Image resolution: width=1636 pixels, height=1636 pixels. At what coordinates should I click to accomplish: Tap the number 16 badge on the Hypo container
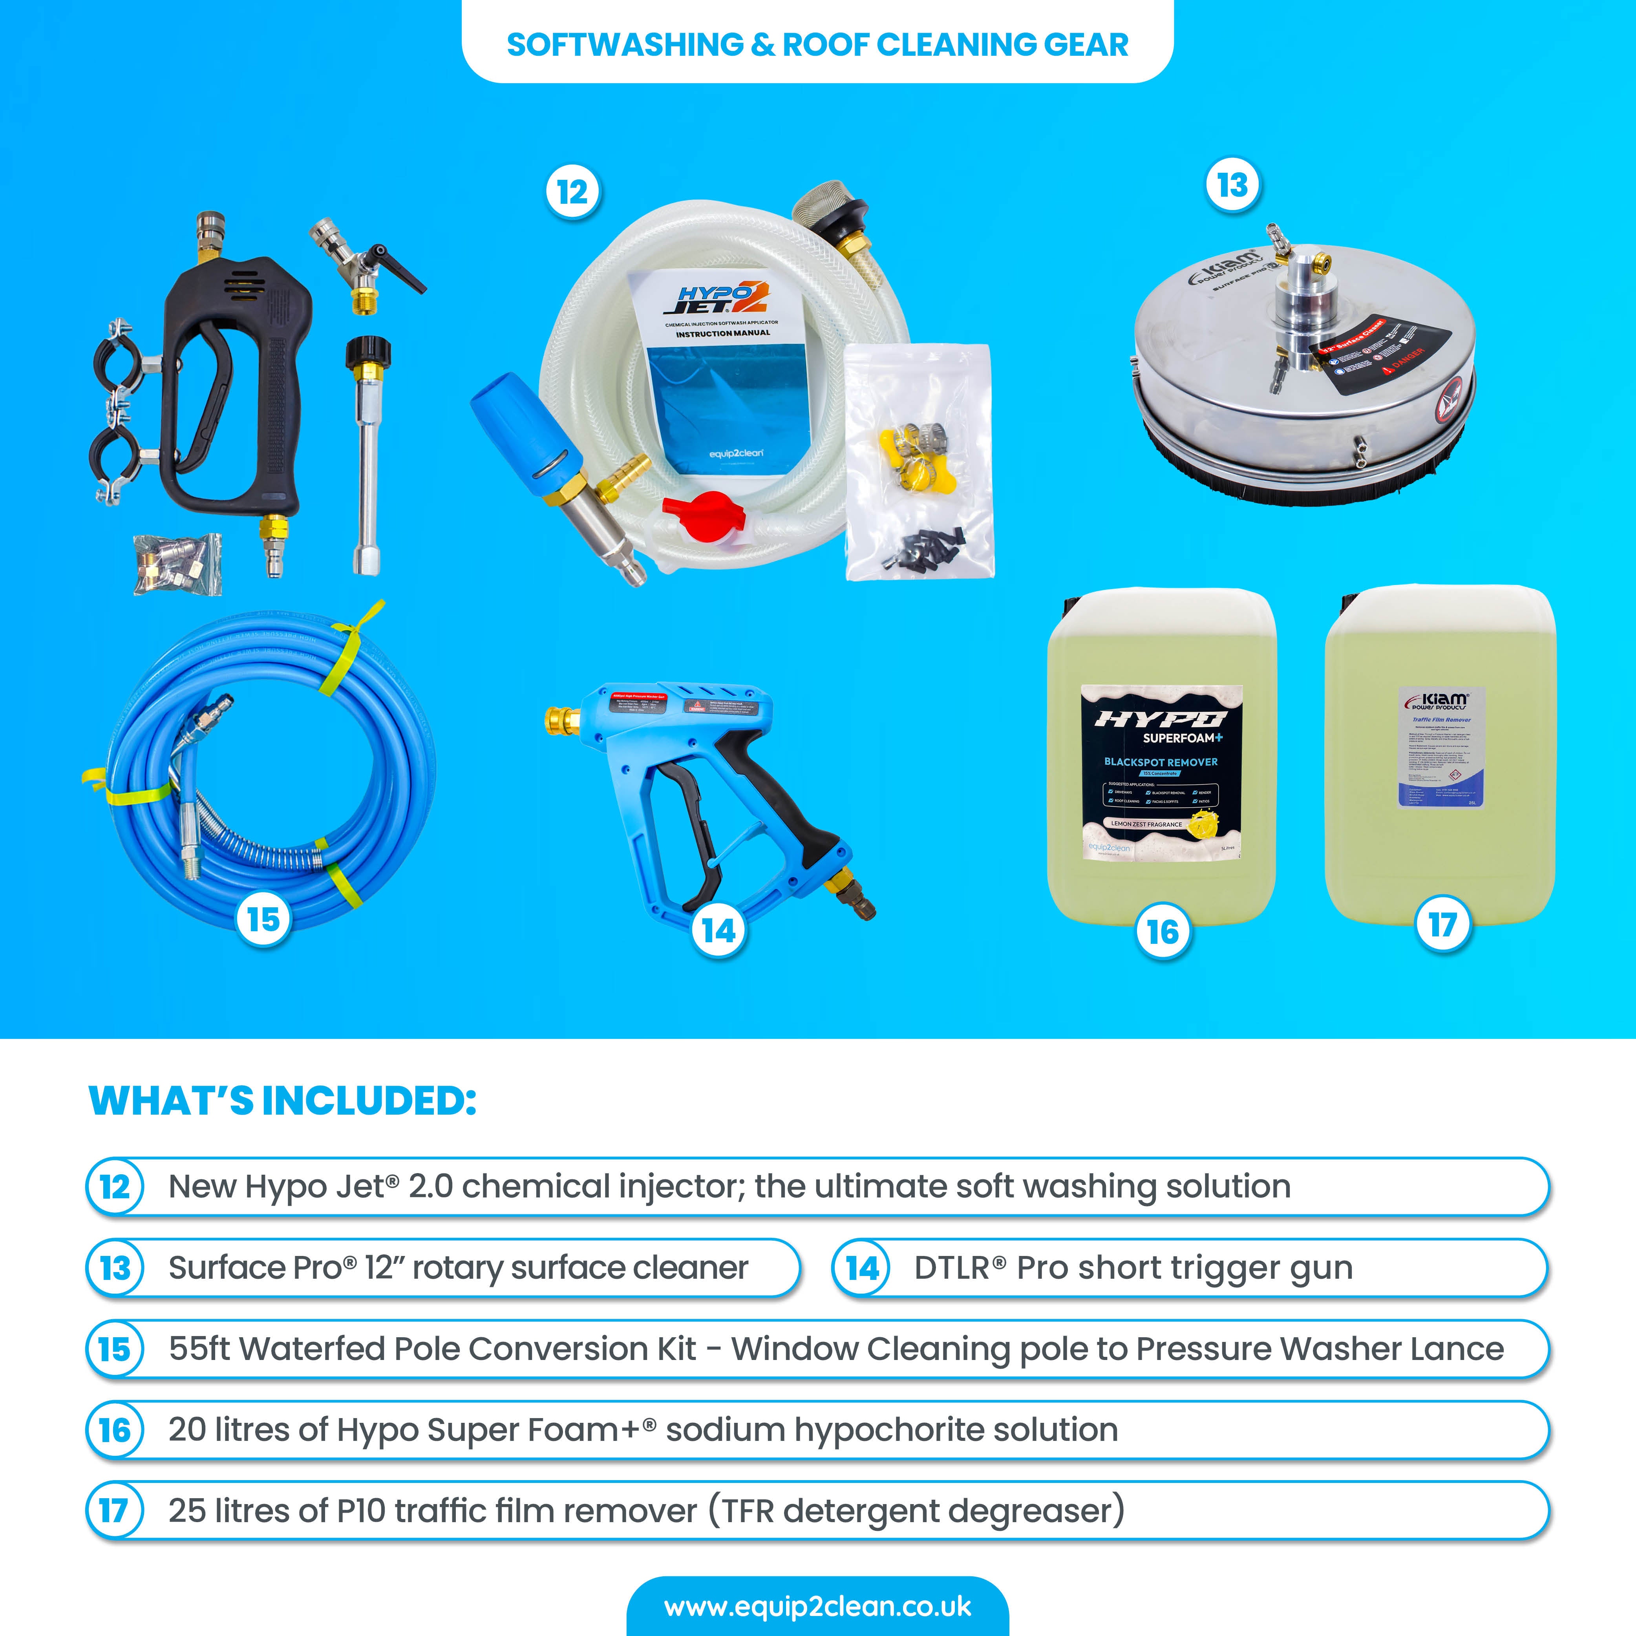click(1163, 932)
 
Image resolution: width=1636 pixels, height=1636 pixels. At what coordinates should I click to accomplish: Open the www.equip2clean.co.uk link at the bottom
click(817, 1607)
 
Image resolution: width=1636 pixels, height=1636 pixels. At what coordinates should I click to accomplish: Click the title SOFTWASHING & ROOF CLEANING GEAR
click(817, 44)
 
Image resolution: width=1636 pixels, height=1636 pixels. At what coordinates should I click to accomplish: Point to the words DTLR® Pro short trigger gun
click(1133, 1268)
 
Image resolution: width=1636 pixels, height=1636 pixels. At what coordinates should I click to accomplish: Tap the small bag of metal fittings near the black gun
click(178, 563)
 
